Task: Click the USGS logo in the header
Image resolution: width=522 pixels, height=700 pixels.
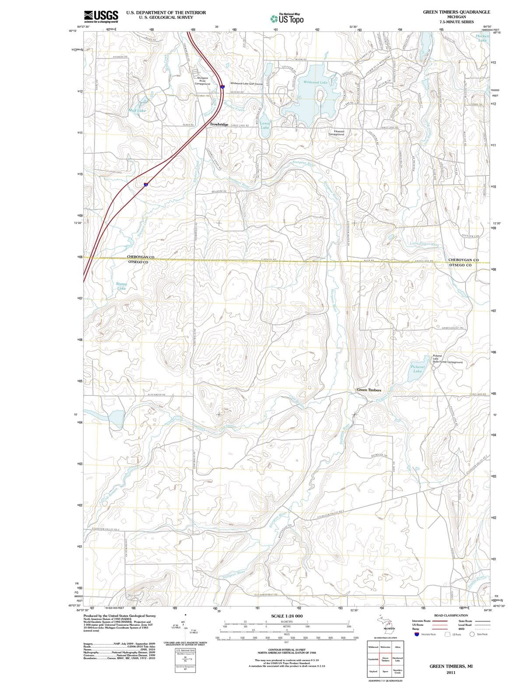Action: (x=101, y=17)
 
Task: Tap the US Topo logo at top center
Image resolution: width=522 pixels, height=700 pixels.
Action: (x=287, y=19)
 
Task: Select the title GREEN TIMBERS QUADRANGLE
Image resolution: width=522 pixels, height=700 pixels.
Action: (x=456, y=12)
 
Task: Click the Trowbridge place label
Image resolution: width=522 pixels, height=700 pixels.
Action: (x=219, y=125)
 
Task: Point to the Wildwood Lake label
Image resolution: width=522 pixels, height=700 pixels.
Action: (x=315, y=82)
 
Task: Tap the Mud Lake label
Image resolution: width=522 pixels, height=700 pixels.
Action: (x=137, y=111)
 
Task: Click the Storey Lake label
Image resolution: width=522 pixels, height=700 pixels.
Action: (x=121, y=286)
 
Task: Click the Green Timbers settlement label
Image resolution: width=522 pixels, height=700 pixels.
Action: (x=369, y=390)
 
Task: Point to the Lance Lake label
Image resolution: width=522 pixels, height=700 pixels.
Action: (x=265, y=126)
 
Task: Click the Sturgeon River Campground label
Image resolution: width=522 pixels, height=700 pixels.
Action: (x=202, y=80)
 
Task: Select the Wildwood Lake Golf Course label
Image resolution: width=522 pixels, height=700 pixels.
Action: (x=246, y=83)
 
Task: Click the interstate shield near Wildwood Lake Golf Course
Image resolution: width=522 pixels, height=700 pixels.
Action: (x=223, y=87)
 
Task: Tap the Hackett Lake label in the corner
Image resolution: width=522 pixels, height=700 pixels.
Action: (x=482, y=38)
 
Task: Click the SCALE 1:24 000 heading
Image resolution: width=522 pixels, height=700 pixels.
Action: (x=287, y=616)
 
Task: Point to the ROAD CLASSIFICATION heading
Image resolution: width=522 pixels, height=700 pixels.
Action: (x=451, y=615)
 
